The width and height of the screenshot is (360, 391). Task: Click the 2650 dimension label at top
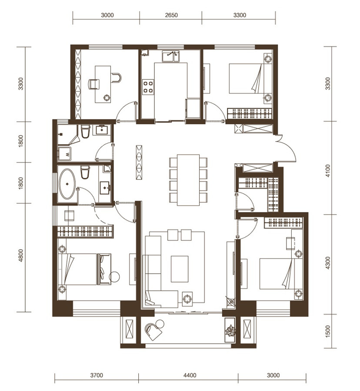point(171,15)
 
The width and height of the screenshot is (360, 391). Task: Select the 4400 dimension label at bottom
point(190,375)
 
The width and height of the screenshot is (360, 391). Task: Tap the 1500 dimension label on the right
point(328,331)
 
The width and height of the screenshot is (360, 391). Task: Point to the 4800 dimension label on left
point(20,255)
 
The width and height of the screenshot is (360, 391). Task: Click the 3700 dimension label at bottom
point(97,375)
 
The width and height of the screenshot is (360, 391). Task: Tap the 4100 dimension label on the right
point(328,171)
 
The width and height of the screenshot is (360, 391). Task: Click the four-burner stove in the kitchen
point(148,87)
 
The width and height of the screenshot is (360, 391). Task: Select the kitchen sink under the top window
point(171,56)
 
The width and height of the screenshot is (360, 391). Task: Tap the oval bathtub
point(67,184)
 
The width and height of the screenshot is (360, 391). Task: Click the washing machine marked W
point(65,154)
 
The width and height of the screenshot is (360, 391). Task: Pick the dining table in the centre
point(188,180)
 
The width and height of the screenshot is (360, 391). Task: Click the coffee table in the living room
point(180,269)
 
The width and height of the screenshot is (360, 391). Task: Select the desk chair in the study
point(94,84)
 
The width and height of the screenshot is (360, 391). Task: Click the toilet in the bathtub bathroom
point(85,172)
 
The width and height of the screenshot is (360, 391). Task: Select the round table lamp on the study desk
point(107,98)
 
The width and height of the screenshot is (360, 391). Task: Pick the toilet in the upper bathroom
point(85,131)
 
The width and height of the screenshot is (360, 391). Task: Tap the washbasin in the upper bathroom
point(102,130)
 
